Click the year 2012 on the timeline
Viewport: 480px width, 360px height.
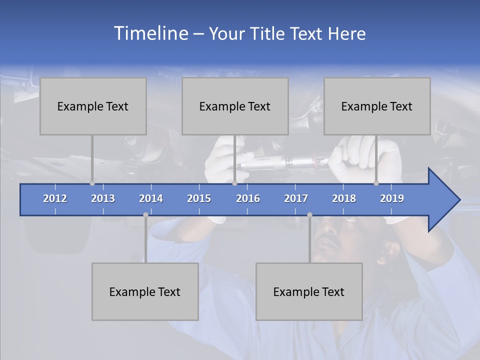click(x=55, y=198)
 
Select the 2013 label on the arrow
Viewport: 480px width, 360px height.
click(x=103, y=198)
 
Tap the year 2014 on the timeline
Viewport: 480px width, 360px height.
click(x=151, y=198)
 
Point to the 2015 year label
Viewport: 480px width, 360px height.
click(x=199, y=198)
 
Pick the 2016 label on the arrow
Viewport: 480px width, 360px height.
click(x=248, y=198)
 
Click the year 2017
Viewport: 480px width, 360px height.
click(x=296, y=198)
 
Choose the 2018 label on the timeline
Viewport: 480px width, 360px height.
click(x=344, y=198)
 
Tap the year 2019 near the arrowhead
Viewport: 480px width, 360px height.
click(x=392, y=198)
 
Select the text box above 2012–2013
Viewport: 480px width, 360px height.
click(x=93, y=106)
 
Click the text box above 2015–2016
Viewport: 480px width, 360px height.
click(x=235, y=106)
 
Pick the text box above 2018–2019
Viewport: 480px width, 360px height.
click(x=377, y=106)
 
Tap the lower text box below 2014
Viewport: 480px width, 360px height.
click(x=145, y=291)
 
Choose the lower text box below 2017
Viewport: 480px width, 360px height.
click(x=309, y=291)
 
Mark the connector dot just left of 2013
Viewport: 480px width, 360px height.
click(x=92, y=183)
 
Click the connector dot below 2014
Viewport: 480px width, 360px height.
click(x=145, y=215)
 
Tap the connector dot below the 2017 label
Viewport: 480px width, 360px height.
click(x=309, y=215)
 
